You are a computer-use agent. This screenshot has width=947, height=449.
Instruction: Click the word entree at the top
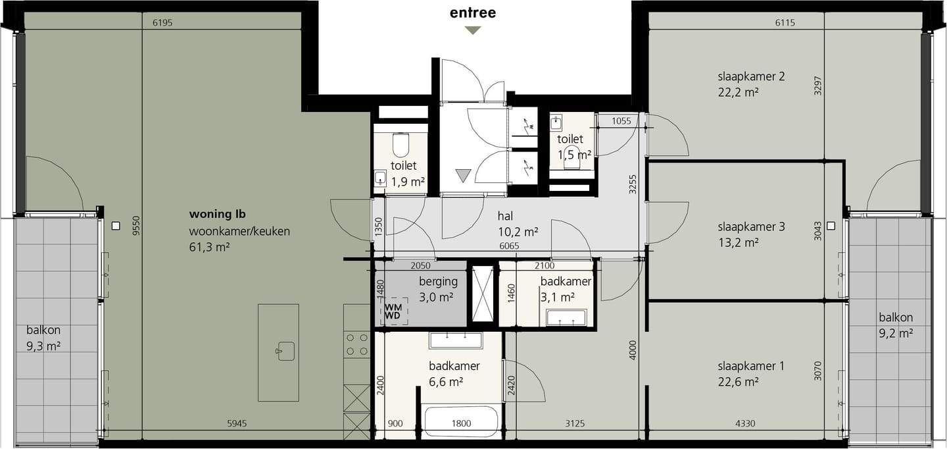(473, 13)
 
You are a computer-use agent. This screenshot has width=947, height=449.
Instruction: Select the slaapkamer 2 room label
(751, 76)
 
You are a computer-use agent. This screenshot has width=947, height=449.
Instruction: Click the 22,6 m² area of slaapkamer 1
(738, 382)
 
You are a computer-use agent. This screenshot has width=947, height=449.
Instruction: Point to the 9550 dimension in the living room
(135, 225)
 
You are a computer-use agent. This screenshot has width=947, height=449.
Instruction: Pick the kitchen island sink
(285, 352)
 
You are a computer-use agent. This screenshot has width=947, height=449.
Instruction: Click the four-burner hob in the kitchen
(357, 344)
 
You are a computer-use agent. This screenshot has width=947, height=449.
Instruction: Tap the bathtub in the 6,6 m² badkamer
(461, 423)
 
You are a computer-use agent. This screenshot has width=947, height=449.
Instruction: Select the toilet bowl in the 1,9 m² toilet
(401, 145)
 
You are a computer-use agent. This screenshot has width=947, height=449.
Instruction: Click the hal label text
(505, 216)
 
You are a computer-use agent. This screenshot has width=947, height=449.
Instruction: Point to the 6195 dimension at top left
(162, 23)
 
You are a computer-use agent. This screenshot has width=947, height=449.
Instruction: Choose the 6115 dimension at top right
(785, 23)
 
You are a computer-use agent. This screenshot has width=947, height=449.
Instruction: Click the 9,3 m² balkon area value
(43, 346)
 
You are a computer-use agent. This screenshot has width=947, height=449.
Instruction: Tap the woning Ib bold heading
(217, 214)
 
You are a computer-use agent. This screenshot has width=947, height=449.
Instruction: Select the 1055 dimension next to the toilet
(621, 121)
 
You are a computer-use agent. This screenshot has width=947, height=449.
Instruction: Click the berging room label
(439, 281)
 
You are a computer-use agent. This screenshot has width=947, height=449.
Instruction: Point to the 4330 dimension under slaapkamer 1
(745, 423)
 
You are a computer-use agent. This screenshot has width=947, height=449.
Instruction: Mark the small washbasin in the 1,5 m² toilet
(556, 124)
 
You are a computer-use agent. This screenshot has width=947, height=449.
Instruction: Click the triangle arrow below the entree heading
(473, 30)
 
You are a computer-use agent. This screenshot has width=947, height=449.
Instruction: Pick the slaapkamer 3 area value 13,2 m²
(738, 243)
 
